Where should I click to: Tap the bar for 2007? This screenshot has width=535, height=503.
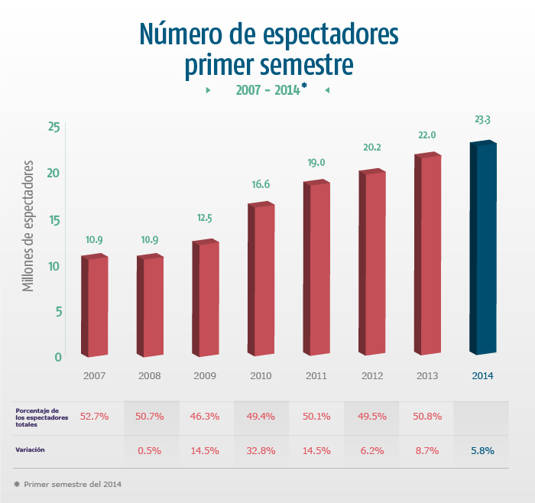[x=95, y=306]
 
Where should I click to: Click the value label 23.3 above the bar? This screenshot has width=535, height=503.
[x=482, y=120]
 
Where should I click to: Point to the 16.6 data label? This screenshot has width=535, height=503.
[x=261, y=184]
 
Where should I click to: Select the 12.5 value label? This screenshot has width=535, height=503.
[x=204, y=218]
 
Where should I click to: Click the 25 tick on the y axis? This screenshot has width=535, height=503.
[x=53, y=127]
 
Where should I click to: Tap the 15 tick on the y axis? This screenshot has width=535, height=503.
[x=53, y=220]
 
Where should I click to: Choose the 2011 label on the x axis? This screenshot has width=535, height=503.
[x=316, y=376]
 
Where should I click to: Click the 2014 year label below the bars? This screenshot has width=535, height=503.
[x=482, y=376]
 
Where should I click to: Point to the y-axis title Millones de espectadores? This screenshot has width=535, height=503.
[x=29, y=226]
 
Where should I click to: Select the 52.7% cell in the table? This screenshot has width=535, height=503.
[x=95, y=417]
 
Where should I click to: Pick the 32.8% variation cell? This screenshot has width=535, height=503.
[x=261, y=451]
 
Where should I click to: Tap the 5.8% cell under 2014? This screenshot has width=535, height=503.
[x=482, y=451]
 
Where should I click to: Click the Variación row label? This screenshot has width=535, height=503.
[x=31, y=450]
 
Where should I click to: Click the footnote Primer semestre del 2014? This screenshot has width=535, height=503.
[x=73, y=485]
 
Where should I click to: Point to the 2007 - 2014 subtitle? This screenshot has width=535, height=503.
[x=267, y=90]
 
